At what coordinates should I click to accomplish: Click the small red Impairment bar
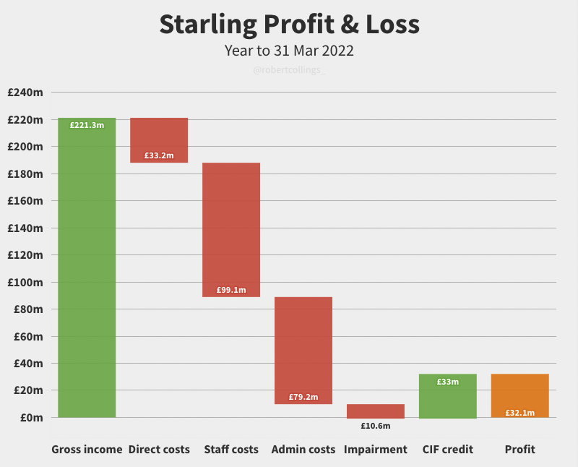pyautogui.click(x=376, y=411)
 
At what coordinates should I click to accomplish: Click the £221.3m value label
pyautogui.click(x=87, y=125)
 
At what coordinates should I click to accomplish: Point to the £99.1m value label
pyautogui.click(x=231, y=290)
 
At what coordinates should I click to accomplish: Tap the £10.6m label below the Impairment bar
pyautogui.click(x=376, y=426)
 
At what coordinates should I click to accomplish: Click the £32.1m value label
pyautogui.click(x=520, y=413)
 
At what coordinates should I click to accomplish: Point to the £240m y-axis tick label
pyautogui.click(x=26, y=93)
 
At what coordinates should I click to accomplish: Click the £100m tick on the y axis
pyautogui.click(x=26, y=282)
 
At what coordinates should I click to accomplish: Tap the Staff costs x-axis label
pyautogui.click(x=231, y=450)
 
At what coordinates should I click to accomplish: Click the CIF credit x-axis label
pyautogui.click(x=448, y=450)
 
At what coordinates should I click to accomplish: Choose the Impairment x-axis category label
pyautogui.click(x=376, y=450)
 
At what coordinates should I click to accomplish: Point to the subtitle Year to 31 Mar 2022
pyautogui.click(x=289, y=51)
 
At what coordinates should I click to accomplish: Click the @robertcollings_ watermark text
pyautogui.click(x=289, y=71)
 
